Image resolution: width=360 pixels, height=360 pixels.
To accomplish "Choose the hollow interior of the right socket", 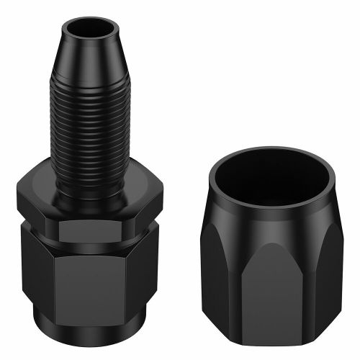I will point(271,180).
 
